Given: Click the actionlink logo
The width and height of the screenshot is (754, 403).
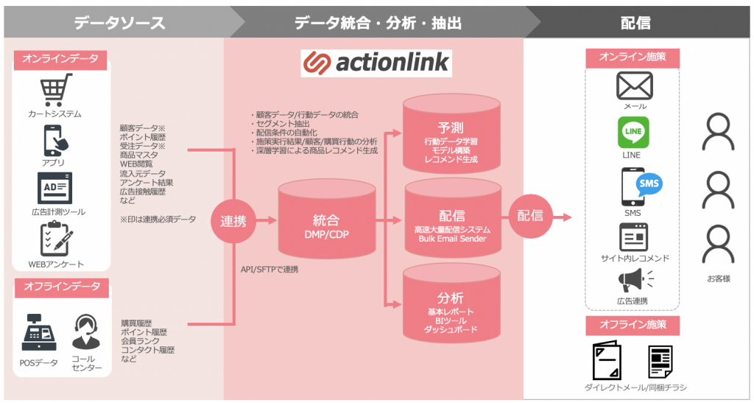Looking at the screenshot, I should tap(376, 63).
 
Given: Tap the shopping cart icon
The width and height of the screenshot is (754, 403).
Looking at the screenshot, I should tap(55, 91).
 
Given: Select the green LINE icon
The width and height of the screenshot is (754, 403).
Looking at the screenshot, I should tap(632, 133).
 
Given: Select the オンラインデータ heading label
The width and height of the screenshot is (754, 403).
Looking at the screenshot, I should tap(60, 59).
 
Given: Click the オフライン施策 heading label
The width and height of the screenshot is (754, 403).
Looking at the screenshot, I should tap(632, 325).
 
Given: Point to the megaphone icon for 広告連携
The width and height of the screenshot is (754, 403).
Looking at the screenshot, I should tap(631, 281).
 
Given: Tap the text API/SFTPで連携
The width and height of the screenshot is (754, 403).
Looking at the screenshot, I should tap(269, 270).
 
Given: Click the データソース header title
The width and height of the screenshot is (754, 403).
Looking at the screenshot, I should tap(119, 23).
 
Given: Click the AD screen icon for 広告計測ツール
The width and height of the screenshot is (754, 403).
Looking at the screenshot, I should tap(55, 189).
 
